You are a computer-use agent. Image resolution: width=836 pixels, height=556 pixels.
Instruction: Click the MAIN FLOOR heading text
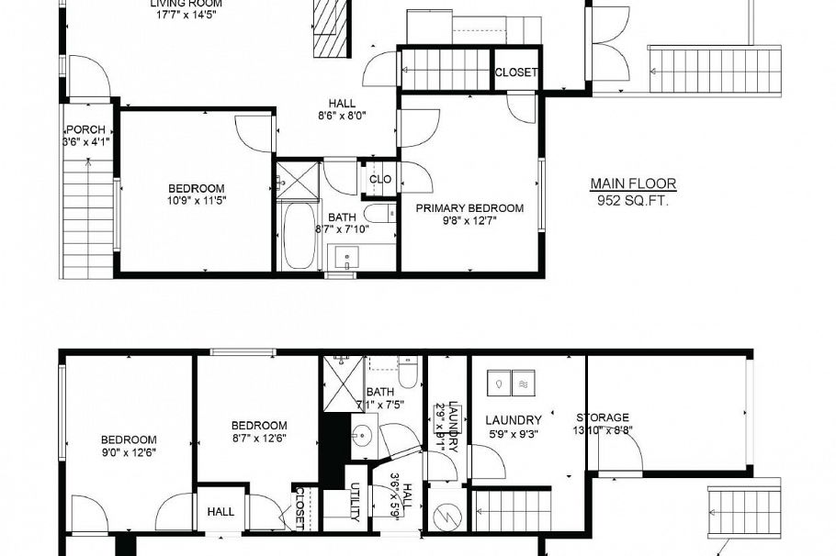point(633,183)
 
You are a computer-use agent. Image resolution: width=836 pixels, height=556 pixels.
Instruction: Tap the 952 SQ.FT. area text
point(633,199)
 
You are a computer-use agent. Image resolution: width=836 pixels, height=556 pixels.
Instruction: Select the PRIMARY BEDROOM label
point(469,208)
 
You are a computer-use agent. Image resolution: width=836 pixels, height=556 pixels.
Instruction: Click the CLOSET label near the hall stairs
point(516,72)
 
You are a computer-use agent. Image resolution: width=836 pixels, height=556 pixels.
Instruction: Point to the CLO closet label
point(380,179)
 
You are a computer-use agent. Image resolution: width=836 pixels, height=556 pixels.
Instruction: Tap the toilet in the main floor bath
point(378,215)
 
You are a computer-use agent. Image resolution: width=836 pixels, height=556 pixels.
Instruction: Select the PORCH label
point(84,129)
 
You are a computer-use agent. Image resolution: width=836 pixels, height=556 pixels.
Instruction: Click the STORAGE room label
point(603,417)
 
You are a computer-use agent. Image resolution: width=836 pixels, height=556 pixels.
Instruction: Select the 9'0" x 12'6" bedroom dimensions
point(129,451)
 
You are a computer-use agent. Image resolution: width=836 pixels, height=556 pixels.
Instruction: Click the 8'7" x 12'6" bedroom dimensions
point(258,438)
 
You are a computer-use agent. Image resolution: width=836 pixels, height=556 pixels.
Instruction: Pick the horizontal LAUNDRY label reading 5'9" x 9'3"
point(513,421)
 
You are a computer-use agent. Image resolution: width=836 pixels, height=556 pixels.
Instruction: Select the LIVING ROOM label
point(186,3)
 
